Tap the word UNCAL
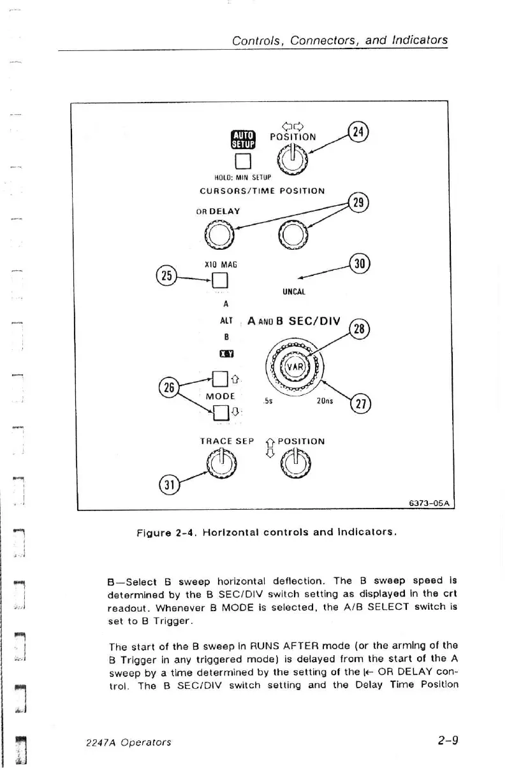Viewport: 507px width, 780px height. tap(294, 292)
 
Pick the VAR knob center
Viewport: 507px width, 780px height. tap(295, 366)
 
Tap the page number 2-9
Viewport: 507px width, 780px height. tap(448, 740)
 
